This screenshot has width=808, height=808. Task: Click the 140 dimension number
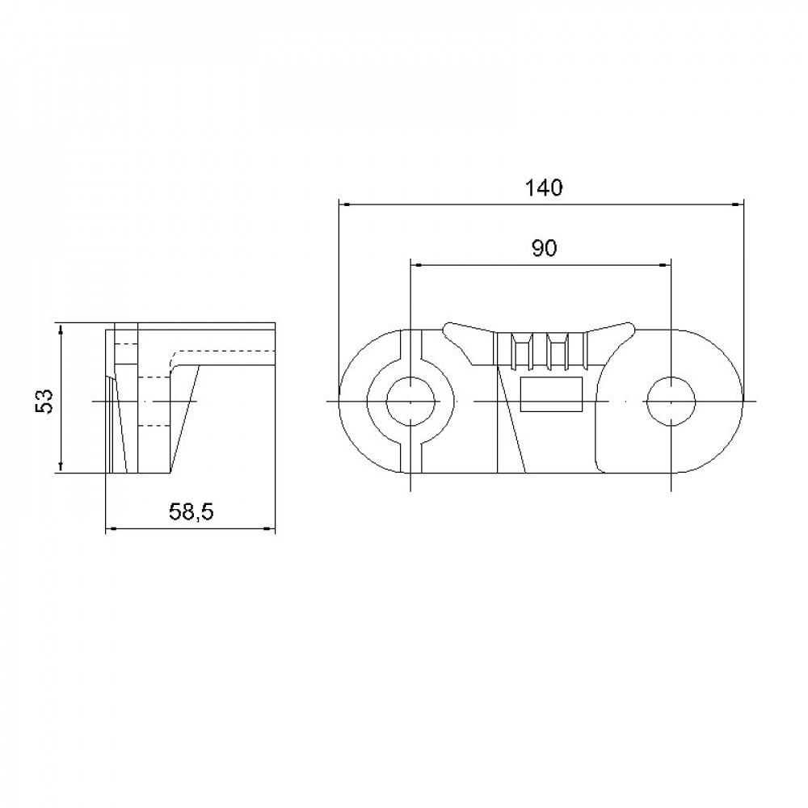(544, 188)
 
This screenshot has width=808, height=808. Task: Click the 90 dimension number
(544, 249)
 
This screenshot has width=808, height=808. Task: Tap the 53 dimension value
(44, 401)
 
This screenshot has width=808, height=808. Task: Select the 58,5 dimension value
(191, 511)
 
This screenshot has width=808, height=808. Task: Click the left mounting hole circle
(410, 401)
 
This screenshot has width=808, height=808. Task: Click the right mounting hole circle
(671, 401)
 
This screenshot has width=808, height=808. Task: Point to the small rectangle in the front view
(551, 394)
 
